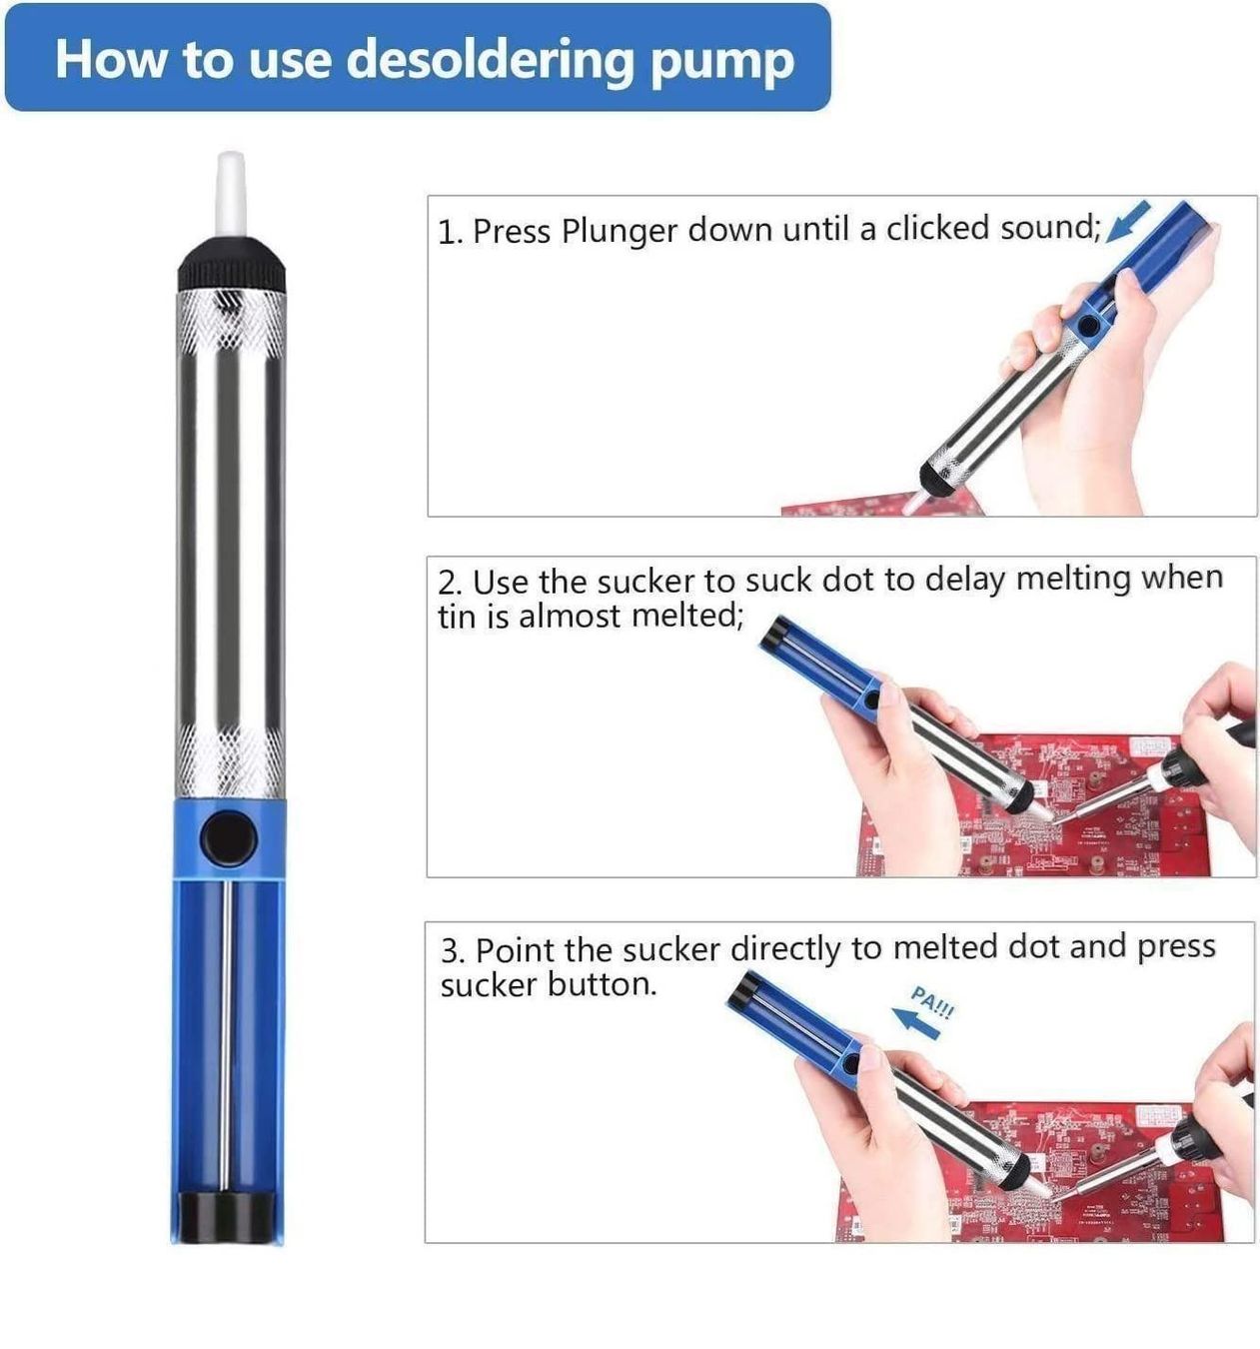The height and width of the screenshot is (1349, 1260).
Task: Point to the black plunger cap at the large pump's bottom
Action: click(x=227, y=1218)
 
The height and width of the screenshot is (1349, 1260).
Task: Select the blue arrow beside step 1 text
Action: click(x=1128, y=222)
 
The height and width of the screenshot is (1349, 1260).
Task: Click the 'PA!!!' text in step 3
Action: click(x=932, y=1003)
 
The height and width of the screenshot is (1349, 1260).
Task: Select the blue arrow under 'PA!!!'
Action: click(x=915, y=1023)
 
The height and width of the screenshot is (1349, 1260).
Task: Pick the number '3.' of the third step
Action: click(x=453, y=951)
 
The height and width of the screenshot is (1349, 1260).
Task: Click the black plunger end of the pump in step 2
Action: click(x=772, y=637)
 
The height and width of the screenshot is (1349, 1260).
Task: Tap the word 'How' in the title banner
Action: click(x=110, y=59)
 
